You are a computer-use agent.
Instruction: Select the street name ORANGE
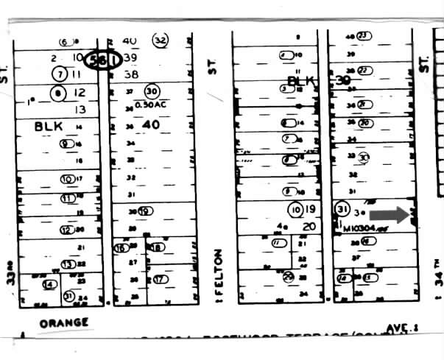click(64, 322)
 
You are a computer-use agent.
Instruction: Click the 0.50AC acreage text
click(151, 103)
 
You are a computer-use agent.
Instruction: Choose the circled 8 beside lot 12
click(60, 93)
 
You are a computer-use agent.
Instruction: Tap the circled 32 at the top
click(159, 40)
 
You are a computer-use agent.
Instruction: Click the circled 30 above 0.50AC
click(152, 91)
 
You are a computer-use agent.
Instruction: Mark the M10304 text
click(364, 228)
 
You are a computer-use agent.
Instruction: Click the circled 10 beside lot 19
click(296, 210)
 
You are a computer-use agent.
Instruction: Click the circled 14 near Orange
click(51, 284)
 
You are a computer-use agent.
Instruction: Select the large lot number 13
click(81, 110)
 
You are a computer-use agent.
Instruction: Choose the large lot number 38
click(132, 74)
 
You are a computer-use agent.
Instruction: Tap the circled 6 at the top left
click(63, 41)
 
